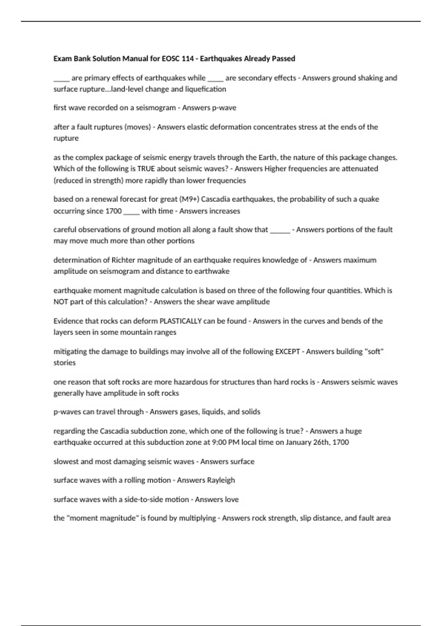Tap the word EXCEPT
coord(288,352)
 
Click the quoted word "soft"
coord(374,352)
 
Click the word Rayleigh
coord(221,480)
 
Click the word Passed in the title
coord(283,59)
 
